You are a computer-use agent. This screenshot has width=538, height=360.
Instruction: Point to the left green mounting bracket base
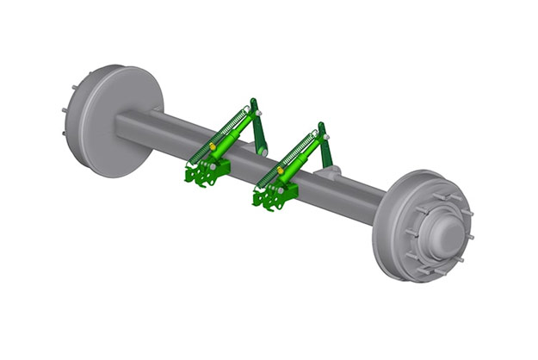pyautogui.click(x=205, y=171)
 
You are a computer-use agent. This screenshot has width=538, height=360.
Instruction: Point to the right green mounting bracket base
pyautogui.click(x=274, y=197)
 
